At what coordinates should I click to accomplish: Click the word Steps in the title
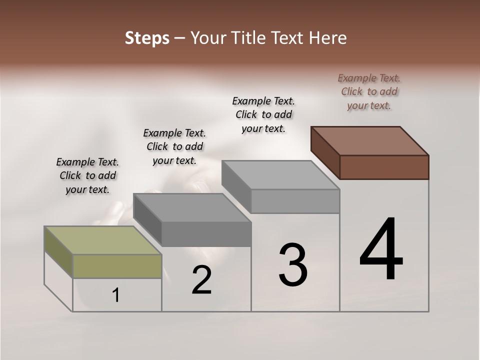tap(146, 38)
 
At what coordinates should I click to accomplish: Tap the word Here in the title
tap(327, 38)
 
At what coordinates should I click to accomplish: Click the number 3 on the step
tap(293, 265)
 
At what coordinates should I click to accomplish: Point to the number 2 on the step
tap(201, 280)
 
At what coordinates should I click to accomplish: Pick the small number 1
tap(116, 295)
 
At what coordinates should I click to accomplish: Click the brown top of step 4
tap(370, 141)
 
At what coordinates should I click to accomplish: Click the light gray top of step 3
tap(280, 175)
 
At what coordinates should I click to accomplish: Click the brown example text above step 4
tap(369, 91)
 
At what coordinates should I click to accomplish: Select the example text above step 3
tap(263, 114)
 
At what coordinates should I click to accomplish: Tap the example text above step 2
tap(174, 146)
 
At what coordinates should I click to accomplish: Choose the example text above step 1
tap(87, 175)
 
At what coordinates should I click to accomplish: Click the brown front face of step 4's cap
tap(384, 167)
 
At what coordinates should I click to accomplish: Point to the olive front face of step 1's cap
tap(117, 266)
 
